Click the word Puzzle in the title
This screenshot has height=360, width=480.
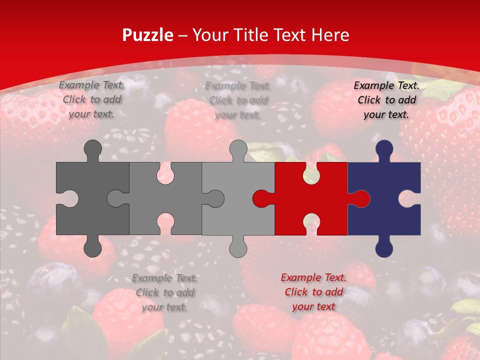[148, 35]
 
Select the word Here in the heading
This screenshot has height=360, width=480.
[329, 35]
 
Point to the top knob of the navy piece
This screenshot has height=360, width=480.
[384, 150]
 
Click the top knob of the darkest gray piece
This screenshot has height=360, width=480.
[92, 150]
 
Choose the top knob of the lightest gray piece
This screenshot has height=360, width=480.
[238, 150]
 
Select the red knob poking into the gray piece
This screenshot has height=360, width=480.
[261, 198]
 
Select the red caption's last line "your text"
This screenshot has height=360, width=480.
[313, 306]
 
